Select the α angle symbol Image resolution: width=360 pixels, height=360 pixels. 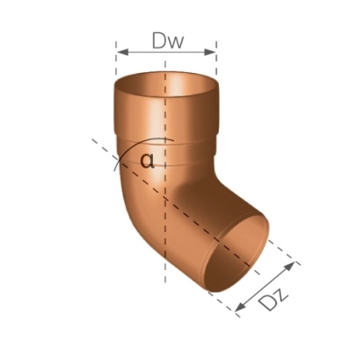click(148, 161)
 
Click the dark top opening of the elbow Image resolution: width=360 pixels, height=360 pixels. click(166, 86)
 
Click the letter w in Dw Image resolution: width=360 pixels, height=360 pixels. click(177, 40)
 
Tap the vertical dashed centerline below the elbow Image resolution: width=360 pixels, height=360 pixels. click(166, 297)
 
